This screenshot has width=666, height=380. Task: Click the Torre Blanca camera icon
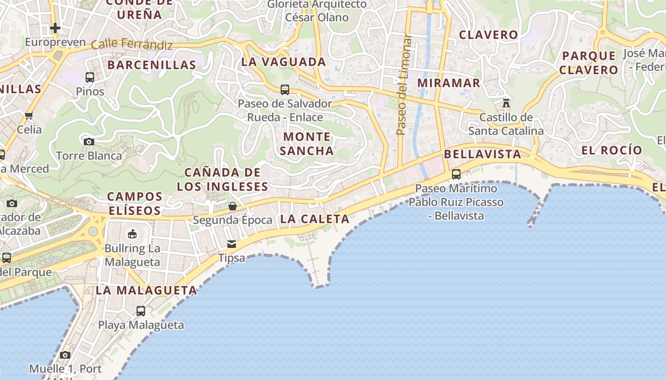tap(89, 142)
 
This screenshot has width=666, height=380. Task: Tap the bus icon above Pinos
tap(90, 77)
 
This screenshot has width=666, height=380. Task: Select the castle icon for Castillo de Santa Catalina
tap(506, 103)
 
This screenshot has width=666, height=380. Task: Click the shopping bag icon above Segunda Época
tap(233, 206)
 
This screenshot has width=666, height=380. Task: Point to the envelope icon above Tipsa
tap(232, 244)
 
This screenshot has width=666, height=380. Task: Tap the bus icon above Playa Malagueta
tap(141, 311)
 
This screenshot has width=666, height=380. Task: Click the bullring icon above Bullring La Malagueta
tap(132, 234)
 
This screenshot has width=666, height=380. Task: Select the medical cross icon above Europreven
tap(55, 28)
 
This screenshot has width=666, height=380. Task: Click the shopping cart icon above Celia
tap(29, 115)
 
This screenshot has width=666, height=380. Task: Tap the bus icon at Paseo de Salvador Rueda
tap(285, 89)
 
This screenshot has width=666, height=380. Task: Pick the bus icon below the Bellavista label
tap(456, 174)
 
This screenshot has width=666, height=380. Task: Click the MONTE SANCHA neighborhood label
tap(307, 144)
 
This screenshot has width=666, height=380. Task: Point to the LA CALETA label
tap(315, 219)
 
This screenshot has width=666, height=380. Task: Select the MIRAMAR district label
tap(449, 83)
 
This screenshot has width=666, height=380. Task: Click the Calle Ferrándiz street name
tap(131, 44)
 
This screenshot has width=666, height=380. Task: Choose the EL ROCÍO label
tap(612, 151)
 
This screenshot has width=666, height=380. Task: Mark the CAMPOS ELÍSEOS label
tap(135, 203)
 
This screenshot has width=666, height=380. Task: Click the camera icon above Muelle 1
tap(65, 355)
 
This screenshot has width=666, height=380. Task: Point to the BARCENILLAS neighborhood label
tap(152, 65)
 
